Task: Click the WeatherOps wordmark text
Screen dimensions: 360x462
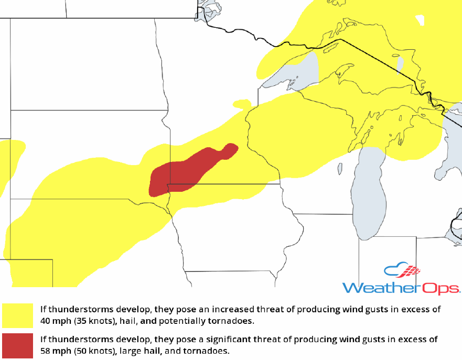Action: (x=401, y=288)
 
